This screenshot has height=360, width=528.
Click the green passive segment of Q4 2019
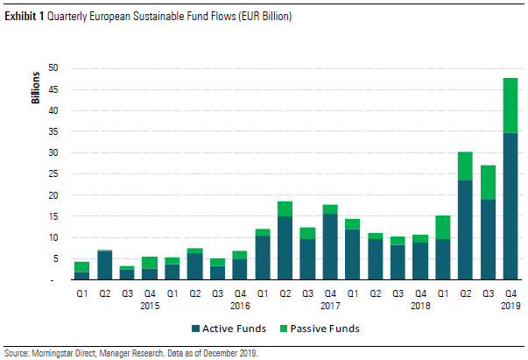(510, 105)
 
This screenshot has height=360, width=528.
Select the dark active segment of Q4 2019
(510, 206)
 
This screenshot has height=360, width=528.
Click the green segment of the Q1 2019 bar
(444, 227)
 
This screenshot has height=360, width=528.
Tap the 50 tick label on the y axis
(53, 68)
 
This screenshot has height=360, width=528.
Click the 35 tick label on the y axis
(53, 131)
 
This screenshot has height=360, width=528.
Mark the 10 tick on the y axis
(53, 237)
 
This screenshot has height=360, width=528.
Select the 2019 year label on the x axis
(510, 306)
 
